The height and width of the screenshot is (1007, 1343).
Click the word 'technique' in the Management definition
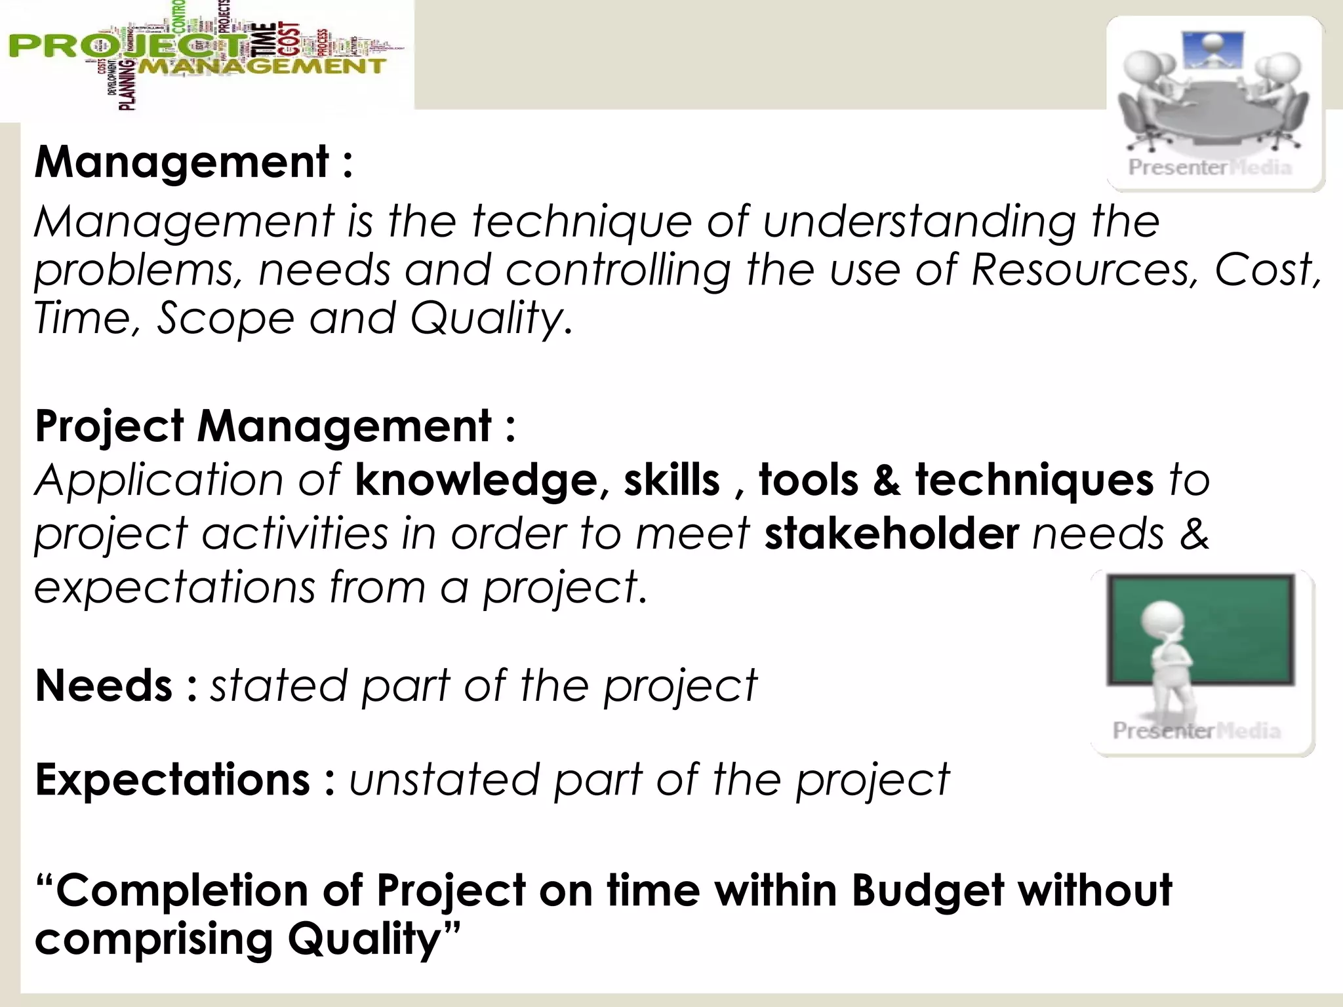point(582,222)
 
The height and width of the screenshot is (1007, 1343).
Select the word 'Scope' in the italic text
point(225,319)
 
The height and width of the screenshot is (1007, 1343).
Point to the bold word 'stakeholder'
point(891,534)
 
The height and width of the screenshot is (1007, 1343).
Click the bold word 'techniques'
point(1033,480)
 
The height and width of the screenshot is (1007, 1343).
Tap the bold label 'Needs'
point(103,686)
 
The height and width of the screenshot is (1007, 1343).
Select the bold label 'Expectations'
point(172,780)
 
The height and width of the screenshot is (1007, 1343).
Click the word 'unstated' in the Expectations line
point(443,780)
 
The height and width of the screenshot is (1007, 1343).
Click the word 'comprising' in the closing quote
point(153,940)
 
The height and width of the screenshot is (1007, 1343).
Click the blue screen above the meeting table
point(1212,51)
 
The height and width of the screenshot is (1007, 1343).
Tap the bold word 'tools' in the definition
point(808,480)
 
